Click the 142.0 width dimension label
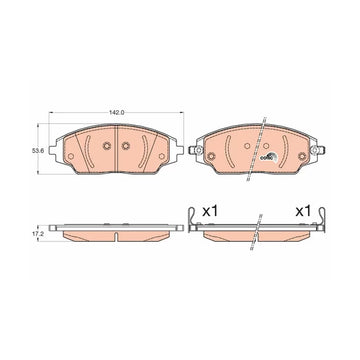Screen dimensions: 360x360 pyautogui.click(x=117, y=113)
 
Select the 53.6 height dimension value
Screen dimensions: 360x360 pyautogui.click(x=36, y=151)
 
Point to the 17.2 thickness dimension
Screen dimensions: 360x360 pyautogui.click(x=36, y=234)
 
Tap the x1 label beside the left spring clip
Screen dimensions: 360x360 pyautogui.click(x=210, y=211)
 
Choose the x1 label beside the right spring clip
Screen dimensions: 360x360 pyautogui.click(x=303, y=211)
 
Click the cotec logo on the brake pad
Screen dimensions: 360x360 pyautogui.click(x=269, y=157)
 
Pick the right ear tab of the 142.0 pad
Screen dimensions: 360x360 pyautogui.click(x=179, y=150)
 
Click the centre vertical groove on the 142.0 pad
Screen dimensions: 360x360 pyautogui.click(x=116, y=149)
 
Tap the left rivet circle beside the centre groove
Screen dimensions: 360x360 pyautogui.click(x=107, y=146)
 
